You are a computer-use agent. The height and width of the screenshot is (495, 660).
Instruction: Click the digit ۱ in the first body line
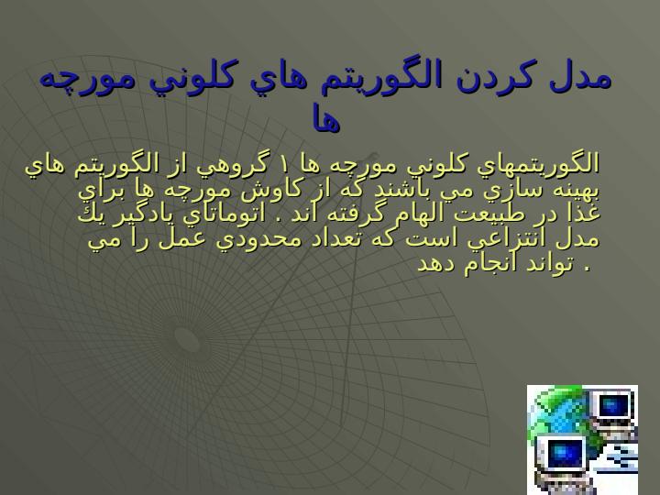coord(282,165)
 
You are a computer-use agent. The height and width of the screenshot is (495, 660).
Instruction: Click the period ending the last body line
coord(588,269)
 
